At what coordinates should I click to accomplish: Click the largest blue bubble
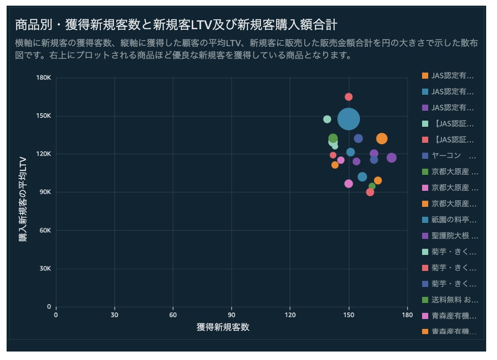tap(349, 119)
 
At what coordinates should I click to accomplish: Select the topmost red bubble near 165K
tap(349, 97)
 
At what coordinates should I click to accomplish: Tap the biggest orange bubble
tap(382, 139)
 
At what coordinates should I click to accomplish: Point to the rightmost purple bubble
tap(391, 157)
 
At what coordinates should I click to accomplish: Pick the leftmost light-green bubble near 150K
tap(327, 119)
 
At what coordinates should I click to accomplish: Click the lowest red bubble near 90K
tap(370, 192)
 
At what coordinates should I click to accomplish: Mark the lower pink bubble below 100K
tap(349, 183)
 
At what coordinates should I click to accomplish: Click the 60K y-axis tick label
tap(45, 230)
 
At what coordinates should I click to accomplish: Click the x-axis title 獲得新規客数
tap(223, 327)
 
